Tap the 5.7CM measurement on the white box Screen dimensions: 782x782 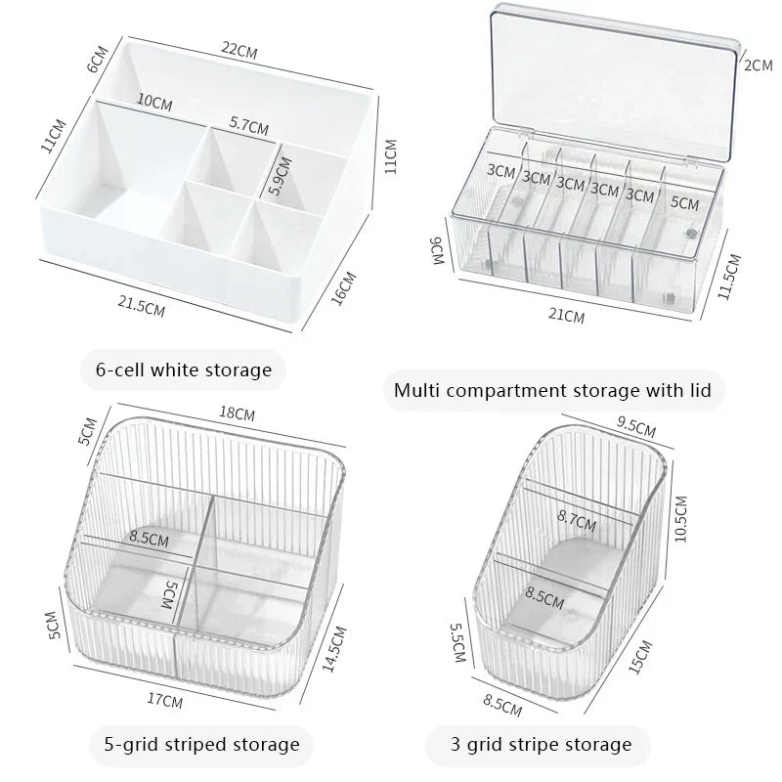[249, 124]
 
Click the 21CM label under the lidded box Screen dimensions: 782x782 [567, 317]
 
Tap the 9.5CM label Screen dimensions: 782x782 [636, 427]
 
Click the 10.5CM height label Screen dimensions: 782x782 [681, 519]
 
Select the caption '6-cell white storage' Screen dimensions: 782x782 [184, 369]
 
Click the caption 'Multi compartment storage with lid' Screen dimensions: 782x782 [552, 391]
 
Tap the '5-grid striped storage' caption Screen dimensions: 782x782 [200, 745]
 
